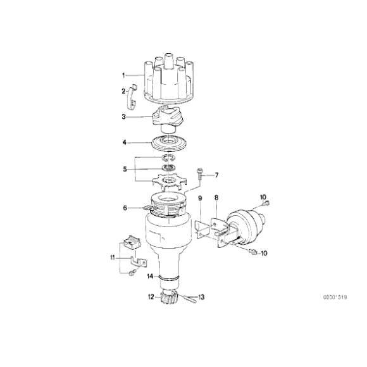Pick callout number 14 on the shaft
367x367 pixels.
(x=150, y=277)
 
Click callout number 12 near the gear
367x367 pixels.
(x=151, y=296)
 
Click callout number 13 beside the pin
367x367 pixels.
(x=202, y=297)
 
